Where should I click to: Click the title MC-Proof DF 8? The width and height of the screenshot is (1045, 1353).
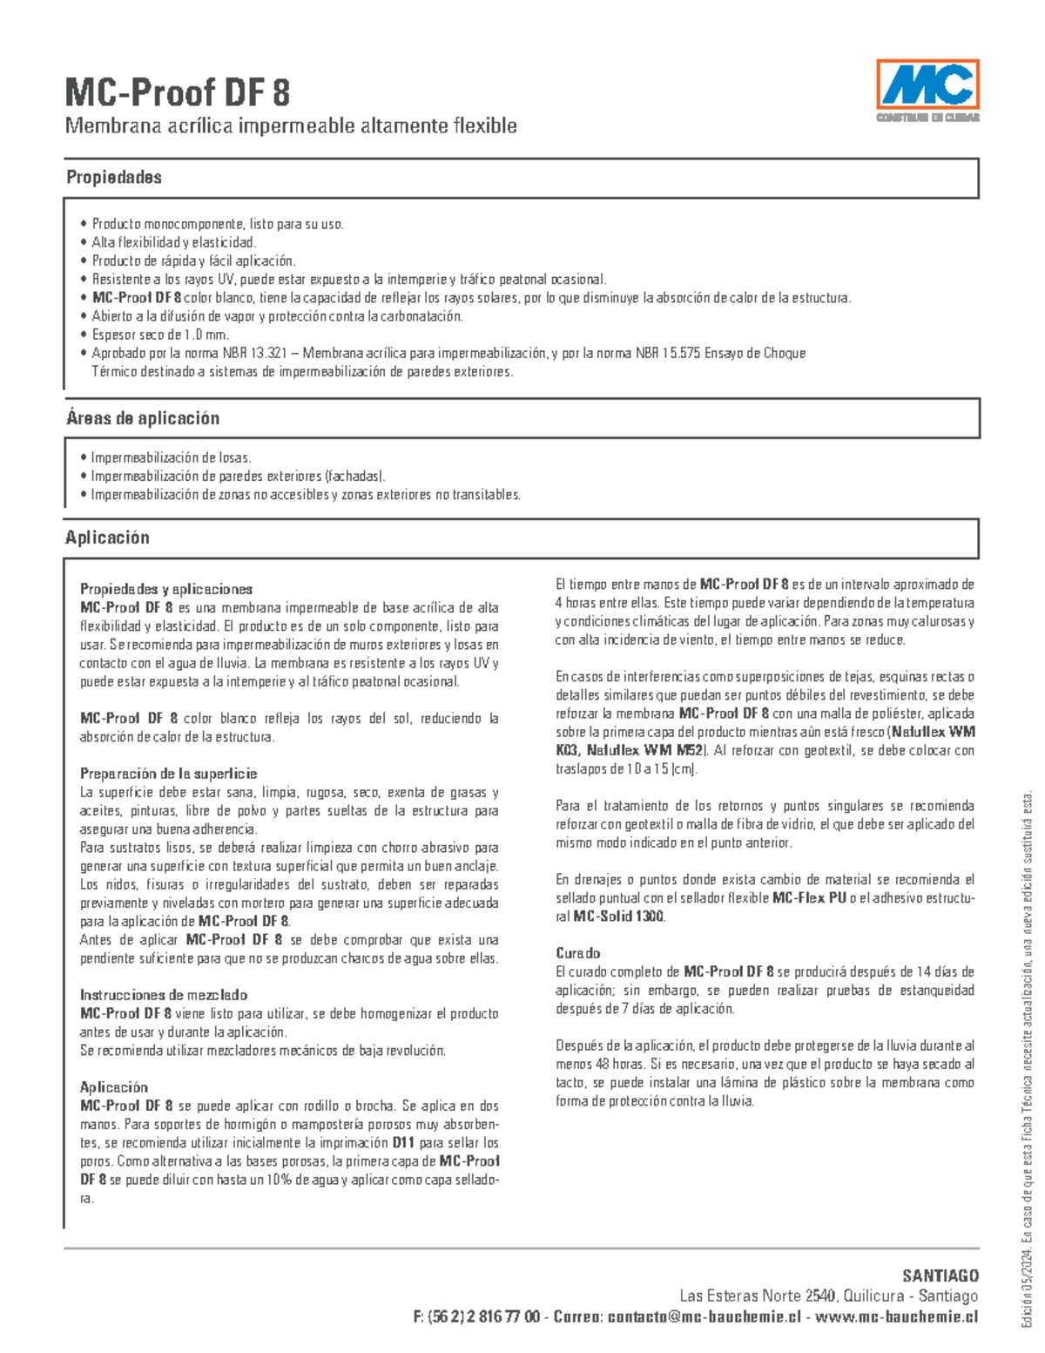(x=178, y=92)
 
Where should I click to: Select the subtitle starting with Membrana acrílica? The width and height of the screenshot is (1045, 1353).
(x=291, y=126)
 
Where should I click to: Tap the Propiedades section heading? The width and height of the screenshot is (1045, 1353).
(x=114, y=177)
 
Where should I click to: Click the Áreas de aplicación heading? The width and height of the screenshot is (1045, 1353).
(x=143, y=418)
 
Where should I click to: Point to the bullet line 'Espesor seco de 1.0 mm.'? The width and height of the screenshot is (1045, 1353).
(x=160, y=335)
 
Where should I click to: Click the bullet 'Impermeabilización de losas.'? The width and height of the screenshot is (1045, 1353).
(x=171, y=457)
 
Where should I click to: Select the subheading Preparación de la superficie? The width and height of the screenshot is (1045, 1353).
(x=168, y=774)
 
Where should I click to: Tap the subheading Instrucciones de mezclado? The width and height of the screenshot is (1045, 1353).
(x=164, y=995)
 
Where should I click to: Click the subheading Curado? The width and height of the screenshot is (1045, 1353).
(x=577, y=953)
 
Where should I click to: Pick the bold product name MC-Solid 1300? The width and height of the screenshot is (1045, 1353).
(x=619, y=917)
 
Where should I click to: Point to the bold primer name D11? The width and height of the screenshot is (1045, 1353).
(x=404, y=1143)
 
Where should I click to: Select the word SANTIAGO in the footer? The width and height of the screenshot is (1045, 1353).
(x=940, y=1276)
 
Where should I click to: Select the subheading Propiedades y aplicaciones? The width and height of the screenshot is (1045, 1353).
(x=166, y=589)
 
